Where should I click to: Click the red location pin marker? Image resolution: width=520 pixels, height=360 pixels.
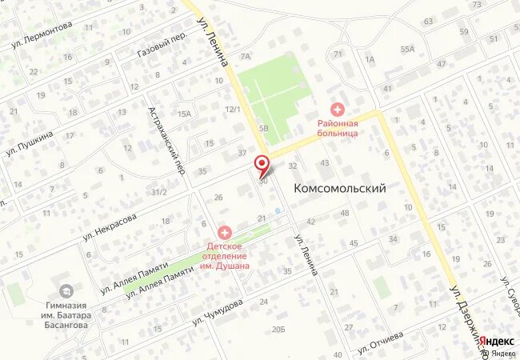point(261,165)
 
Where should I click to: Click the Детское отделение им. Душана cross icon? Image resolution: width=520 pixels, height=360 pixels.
point(222,231)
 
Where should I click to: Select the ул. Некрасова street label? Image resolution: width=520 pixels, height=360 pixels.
point(110,227)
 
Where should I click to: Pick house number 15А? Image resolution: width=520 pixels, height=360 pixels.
point(185,114)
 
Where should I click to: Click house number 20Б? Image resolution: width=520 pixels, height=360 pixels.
point(278,329)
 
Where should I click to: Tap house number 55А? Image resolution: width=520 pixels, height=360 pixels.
point(408,49)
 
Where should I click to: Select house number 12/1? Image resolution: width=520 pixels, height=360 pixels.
point(233,110)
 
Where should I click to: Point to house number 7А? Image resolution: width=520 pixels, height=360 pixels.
point(246,57)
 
